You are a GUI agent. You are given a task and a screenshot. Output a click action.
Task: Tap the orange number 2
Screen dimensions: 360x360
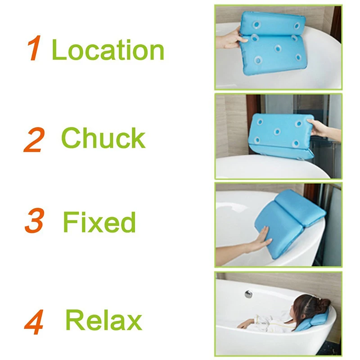[34, 140]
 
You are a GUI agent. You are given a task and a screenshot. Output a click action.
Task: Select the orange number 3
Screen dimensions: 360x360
[35, 220]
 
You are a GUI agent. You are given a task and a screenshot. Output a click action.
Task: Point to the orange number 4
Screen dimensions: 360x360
[34, 322]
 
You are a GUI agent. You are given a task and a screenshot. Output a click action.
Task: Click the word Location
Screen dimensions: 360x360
[108, 49]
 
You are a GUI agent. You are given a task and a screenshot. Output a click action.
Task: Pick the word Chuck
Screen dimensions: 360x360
[103, 138]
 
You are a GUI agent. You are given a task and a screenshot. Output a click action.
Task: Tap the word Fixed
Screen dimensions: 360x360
[99, 222]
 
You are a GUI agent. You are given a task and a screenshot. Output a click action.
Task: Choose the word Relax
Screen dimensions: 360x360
[104, 319]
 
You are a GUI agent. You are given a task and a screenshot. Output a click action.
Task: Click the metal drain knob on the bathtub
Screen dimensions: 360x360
[248, 294]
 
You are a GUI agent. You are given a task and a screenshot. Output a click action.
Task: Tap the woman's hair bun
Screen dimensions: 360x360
[323, 302]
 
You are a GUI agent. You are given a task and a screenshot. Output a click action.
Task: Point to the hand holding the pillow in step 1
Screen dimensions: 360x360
[232, 38]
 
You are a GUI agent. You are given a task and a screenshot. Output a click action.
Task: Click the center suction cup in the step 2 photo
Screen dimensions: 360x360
[277, 132]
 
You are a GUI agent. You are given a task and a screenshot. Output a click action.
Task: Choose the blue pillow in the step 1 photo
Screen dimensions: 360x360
[273, 42]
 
